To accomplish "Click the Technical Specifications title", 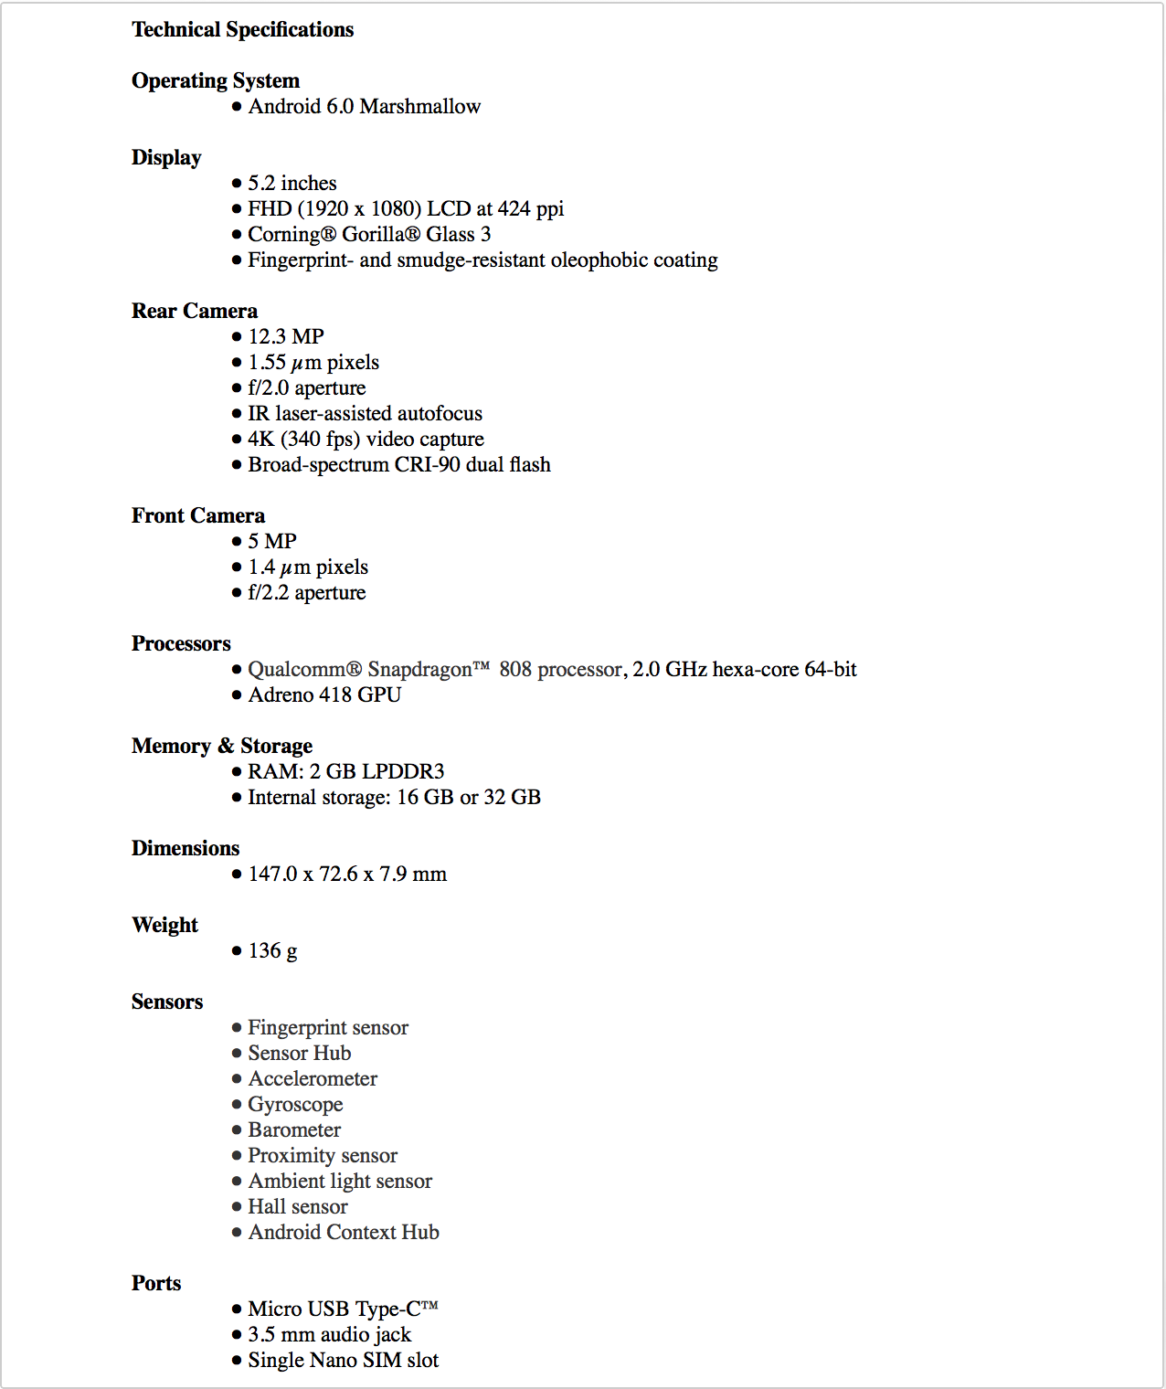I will (242, 29).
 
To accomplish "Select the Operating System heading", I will (216, 80).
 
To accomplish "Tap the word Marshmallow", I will (420, 106).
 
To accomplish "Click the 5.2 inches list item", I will (292, 183).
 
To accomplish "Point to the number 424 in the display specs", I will (514, 208).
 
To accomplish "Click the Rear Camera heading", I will (195, 311).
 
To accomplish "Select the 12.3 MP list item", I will (286, 336).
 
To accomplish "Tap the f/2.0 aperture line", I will (307, 387).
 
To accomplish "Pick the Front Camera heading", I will (198, 515).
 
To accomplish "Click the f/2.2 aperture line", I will (307, 592).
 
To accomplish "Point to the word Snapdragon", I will (420, 669).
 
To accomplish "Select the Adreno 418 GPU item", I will (324, 694).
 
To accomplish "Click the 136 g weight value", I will (272, 950).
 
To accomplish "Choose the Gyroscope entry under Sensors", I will (295, 1104).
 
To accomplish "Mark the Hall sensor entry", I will (298, 1206).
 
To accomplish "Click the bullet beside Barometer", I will (237, 1130).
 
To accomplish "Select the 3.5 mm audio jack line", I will (329, 1334).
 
